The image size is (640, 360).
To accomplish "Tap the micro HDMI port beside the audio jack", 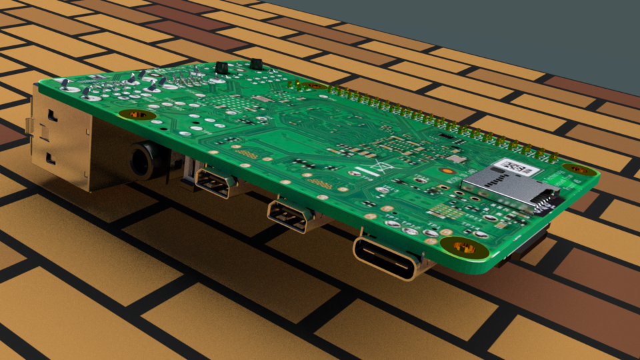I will point(213,183).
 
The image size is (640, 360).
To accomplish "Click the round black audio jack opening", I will point(142,161).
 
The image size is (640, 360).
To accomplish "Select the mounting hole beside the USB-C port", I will point(465,247).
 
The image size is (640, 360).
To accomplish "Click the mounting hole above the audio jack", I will point(137,115).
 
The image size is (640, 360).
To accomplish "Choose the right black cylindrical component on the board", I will point(256,65).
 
